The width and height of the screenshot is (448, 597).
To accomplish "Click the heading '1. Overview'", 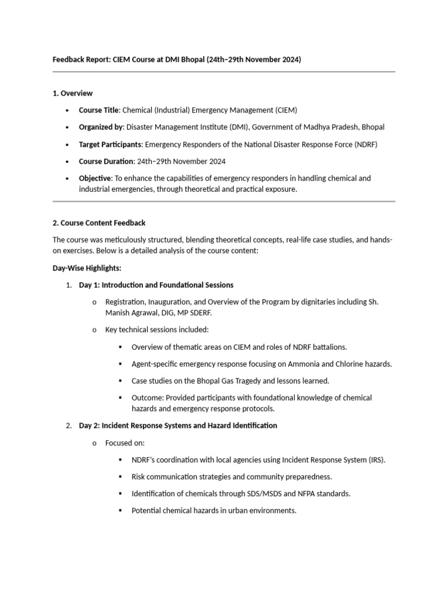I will click(72, 93).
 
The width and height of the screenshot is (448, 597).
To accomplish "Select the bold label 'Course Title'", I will click(99, 110).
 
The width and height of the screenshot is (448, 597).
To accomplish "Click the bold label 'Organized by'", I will click(101, 127).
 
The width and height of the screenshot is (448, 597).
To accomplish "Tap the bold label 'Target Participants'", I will click(110, 144).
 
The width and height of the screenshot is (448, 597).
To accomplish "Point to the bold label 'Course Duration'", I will click(106, 161).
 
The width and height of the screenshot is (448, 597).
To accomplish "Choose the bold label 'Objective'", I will click(95, 178).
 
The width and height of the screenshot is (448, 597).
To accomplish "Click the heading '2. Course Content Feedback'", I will click(99, 223).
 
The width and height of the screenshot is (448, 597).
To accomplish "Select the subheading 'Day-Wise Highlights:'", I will click(87, 268).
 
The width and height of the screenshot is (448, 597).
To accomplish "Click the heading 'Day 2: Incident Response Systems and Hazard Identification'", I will click(178, 426).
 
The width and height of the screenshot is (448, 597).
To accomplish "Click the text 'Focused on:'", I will click(125, 443).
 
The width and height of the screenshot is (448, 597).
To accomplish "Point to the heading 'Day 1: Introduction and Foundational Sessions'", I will click(156, 285).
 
